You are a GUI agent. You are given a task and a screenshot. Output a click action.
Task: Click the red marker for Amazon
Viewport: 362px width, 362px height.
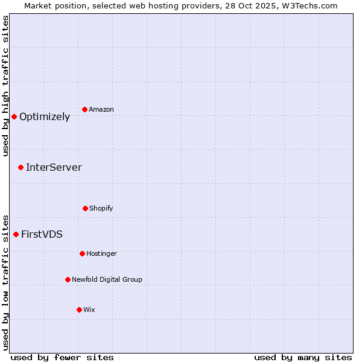click(x=85, y=109)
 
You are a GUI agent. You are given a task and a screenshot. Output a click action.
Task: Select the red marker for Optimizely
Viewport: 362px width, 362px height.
click(x=14, y=116)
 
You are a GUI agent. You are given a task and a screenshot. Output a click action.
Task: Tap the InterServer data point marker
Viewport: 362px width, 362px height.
click(x=21, y=167)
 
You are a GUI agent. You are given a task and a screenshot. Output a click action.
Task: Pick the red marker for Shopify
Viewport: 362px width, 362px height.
click(x=85, y=208)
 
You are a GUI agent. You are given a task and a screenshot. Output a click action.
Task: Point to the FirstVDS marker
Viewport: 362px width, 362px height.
click(x=16, y=234)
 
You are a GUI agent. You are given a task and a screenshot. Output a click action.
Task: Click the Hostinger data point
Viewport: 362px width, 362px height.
click(x=82, y=253)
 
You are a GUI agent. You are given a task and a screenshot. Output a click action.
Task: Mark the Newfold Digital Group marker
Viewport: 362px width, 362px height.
click(x=68, y=279)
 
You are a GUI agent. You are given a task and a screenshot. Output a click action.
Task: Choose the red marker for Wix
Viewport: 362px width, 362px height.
click(x=79, y=310)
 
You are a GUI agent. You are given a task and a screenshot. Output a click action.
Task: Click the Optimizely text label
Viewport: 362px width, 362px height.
click(x=45, y=117)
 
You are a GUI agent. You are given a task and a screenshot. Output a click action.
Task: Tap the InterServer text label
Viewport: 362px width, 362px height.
click(x=54, y=168)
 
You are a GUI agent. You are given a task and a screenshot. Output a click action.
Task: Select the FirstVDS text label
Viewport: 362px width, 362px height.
click(x=42, y=235)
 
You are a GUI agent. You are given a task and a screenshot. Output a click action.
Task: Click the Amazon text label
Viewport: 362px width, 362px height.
click(x=101, y=110)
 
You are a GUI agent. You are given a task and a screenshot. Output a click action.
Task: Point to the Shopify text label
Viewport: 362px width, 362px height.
click(x=101, y=209)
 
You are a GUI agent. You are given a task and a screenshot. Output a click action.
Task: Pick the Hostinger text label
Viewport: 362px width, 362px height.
click(x=101, y=254)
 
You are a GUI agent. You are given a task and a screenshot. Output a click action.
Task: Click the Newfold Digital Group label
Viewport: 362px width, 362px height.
click(x=107, y=280)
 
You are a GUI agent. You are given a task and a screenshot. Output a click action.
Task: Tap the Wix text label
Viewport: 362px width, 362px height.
click(x=89, y=310)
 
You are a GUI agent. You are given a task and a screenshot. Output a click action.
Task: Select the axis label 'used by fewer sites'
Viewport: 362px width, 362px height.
click(x=62, y=357)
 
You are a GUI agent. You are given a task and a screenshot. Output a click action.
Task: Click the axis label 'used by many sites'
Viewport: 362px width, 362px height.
click(x=303, y=357)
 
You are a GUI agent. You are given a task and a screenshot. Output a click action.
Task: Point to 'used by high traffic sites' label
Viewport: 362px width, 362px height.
click(x=5, y=86)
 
